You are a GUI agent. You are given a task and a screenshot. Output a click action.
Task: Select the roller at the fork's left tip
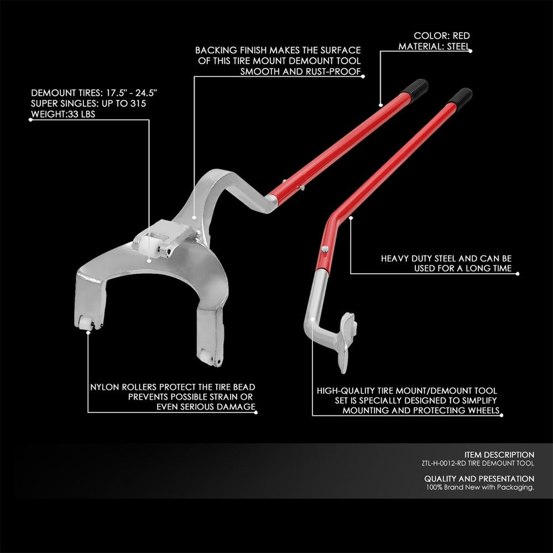coord(86,326)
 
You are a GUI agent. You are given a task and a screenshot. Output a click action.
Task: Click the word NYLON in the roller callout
coord(103,387)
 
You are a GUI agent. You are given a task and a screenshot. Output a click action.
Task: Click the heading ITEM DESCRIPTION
coord(499,455)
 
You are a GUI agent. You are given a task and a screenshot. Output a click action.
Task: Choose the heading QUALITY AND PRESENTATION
coord(479,478)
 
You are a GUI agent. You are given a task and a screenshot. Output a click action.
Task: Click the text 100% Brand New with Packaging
coord(479,487)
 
